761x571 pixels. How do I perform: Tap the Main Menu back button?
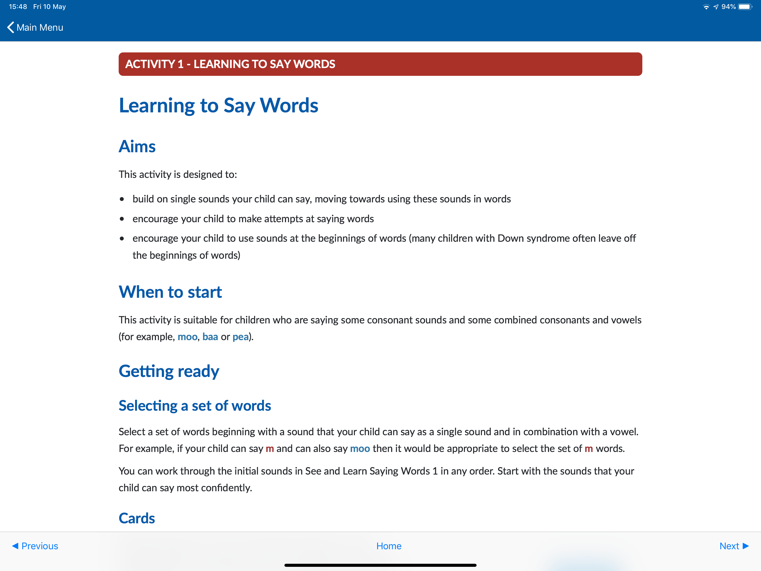click(x=35, y=28)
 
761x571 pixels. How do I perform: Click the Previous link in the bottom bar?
click(x=35, y=546)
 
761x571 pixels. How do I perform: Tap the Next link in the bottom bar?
click(x=733, y=546)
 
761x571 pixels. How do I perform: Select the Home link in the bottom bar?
click(x=389, y=546)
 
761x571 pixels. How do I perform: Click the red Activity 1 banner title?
click(x=230, y=64)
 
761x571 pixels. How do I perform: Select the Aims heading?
click(x=137, y=146)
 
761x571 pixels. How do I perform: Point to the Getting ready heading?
click(x=169, y=371)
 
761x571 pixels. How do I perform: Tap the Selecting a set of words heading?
click(x=195, y=406)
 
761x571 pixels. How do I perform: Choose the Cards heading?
click(x=136, y=518)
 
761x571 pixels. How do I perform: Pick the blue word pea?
click(x=240, y=337)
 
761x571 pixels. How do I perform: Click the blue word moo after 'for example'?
click(x=187, y=337)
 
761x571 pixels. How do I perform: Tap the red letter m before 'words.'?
click(x=589, y=449)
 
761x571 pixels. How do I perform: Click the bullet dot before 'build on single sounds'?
click(x=122, y=199)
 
